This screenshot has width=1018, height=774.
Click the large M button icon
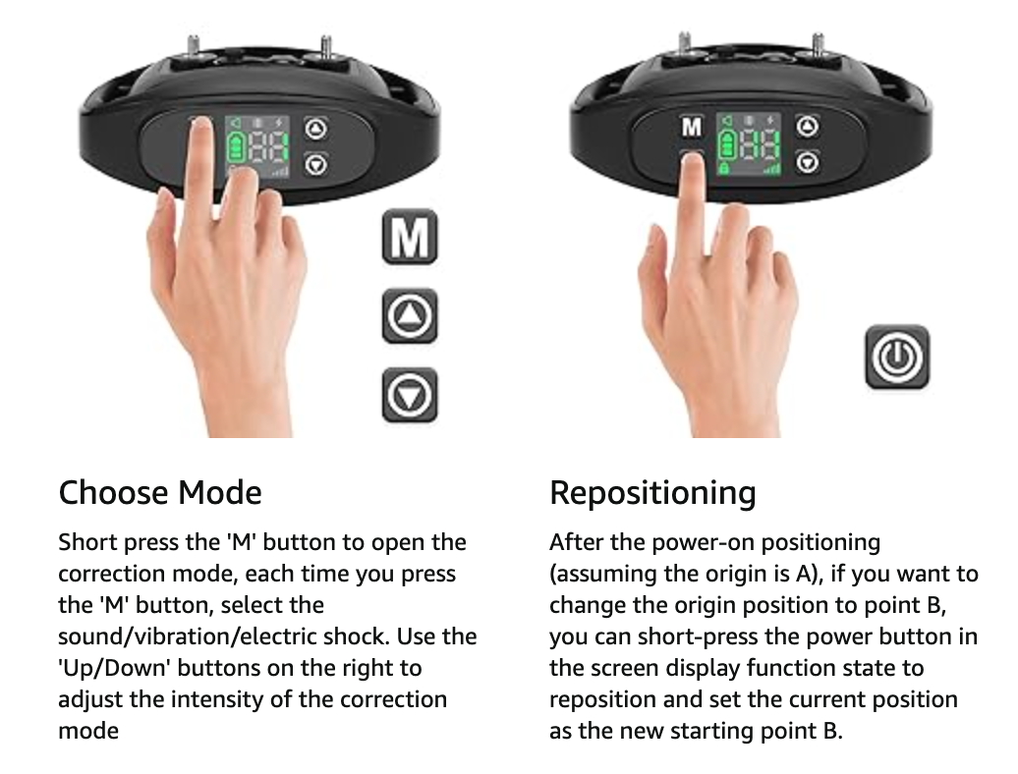click(x=410, y=237)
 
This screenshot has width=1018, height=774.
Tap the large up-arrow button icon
click(x=410, y=316)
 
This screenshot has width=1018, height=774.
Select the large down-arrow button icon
click(x=410, y=395)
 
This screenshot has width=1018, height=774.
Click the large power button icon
click(x=897, y=358)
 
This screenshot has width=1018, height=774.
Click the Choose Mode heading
click(x=160, y=492)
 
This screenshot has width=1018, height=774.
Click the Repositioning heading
click(x=652, y=492)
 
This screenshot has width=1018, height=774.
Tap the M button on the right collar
click(x=692, y=127)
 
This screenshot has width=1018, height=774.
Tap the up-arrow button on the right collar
click(x=807, y=126)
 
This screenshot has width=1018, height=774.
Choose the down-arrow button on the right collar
click(x=807, y=161)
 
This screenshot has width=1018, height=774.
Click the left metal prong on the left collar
click(x=193, y=48)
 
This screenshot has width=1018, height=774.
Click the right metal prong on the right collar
click(x=818, y=44)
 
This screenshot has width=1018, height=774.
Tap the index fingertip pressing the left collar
click(x=200, y=128)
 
